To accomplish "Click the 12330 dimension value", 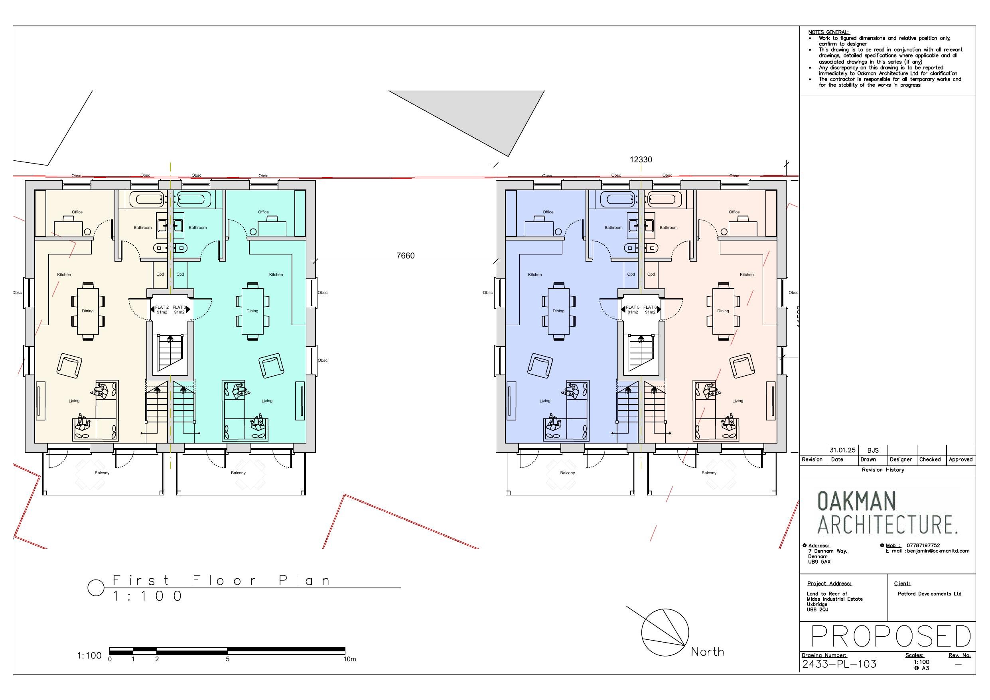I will point(640,160).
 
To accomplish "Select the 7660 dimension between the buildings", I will point(405,256).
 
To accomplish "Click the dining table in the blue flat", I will point(558,311).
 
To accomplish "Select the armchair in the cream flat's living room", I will point(69,366).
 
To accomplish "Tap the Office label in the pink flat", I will point(734,212).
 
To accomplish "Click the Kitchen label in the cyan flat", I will point(276,275).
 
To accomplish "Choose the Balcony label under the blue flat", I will point(567,473).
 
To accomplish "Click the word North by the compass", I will point(707,652).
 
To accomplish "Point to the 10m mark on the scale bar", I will point(349,659).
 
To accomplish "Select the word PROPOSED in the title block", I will point(890,636).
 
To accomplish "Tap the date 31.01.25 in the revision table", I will point(842,450).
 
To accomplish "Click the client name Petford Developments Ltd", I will point(929,594).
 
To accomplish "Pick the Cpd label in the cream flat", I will point(160,274).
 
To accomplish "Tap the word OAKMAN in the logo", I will point(856,501).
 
